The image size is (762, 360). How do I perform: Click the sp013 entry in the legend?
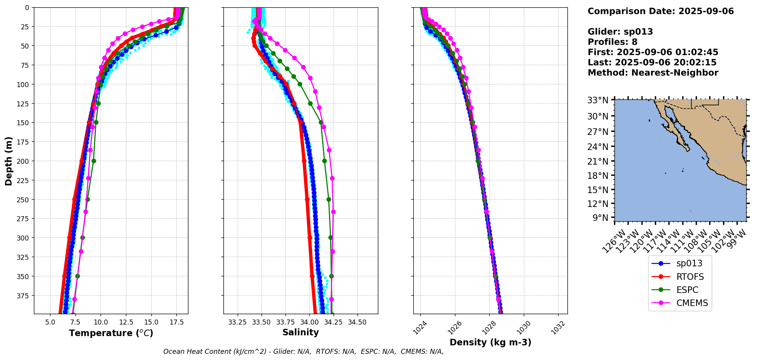point(689,264)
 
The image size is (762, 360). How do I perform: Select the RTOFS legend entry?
point(690,277)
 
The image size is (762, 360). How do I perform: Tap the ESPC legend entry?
point(687,290)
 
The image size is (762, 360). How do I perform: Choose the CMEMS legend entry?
point(692,303)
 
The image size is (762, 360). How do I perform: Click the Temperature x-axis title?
point(111,333)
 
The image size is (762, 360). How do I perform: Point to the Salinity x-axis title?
point(300,333)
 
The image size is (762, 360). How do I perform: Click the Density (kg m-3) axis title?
point(490,342)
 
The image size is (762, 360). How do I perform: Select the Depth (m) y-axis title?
point(8,161)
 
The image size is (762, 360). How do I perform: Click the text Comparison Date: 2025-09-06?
point(661,12)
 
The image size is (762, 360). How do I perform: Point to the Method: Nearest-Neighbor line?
point(653,73)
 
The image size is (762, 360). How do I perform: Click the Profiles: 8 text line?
point(613,42)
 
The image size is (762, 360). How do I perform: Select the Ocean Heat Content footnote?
point(303,352)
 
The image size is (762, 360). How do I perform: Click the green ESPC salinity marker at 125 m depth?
point(310,103)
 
